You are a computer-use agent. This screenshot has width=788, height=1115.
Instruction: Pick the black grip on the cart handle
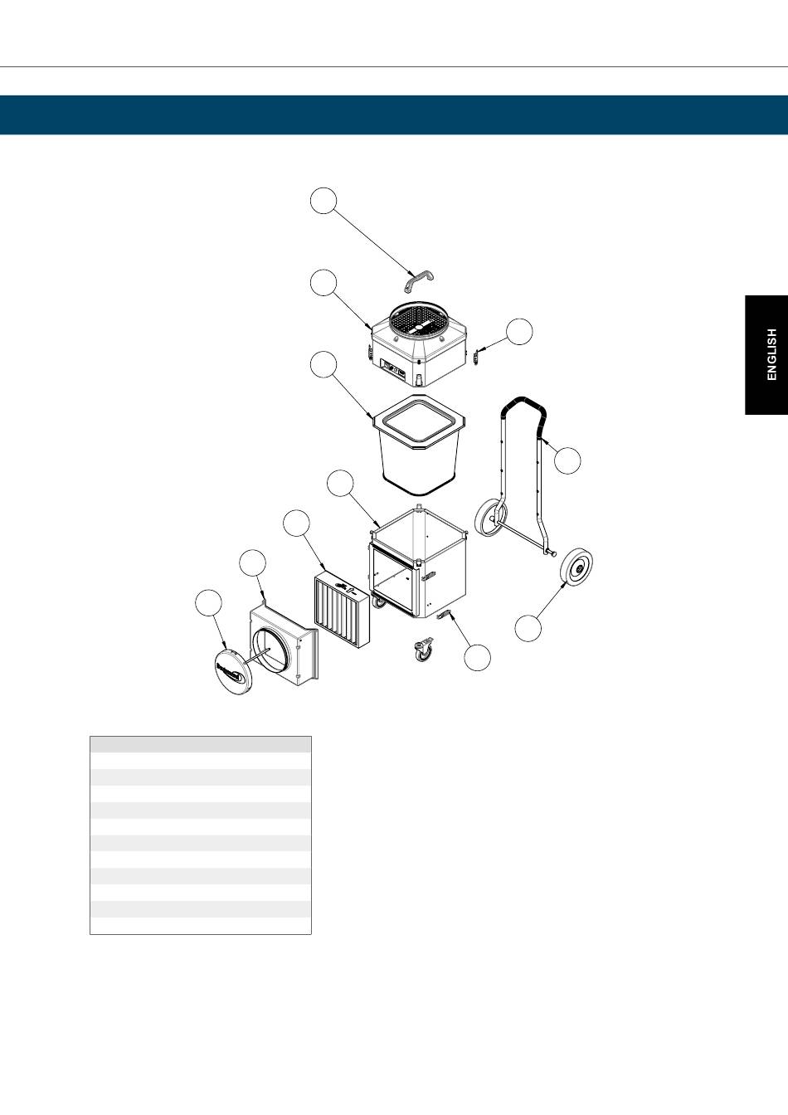click(525, 408)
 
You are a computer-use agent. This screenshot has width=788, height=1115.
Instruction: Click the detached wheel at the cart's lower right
click(576, 567)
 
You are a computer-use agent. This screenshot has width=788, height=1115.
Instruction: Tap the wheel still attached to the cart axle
click(490, 518)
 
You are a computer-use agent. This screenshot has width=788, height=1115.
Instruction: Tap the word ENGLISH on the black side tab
click(771, 354)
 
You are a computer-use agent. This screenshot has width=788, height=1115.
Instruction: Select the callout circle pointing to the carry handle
click(323, 200)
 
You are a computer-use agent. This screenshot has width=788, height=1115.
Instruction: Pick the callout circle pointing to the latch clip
click(520, 331)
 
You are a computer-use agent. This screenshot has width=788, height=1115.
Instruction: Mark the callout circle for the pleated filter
click(296, 523)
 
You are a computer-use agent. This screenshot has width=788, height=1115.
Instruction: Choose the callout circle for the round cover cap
click(208, 602)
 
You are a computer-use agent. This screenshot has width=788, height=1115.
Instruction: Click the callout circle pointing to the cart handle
click(567, 460)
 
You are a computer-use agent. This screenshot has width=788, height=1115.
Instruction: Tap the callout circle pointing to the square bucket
click(323, 364)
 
